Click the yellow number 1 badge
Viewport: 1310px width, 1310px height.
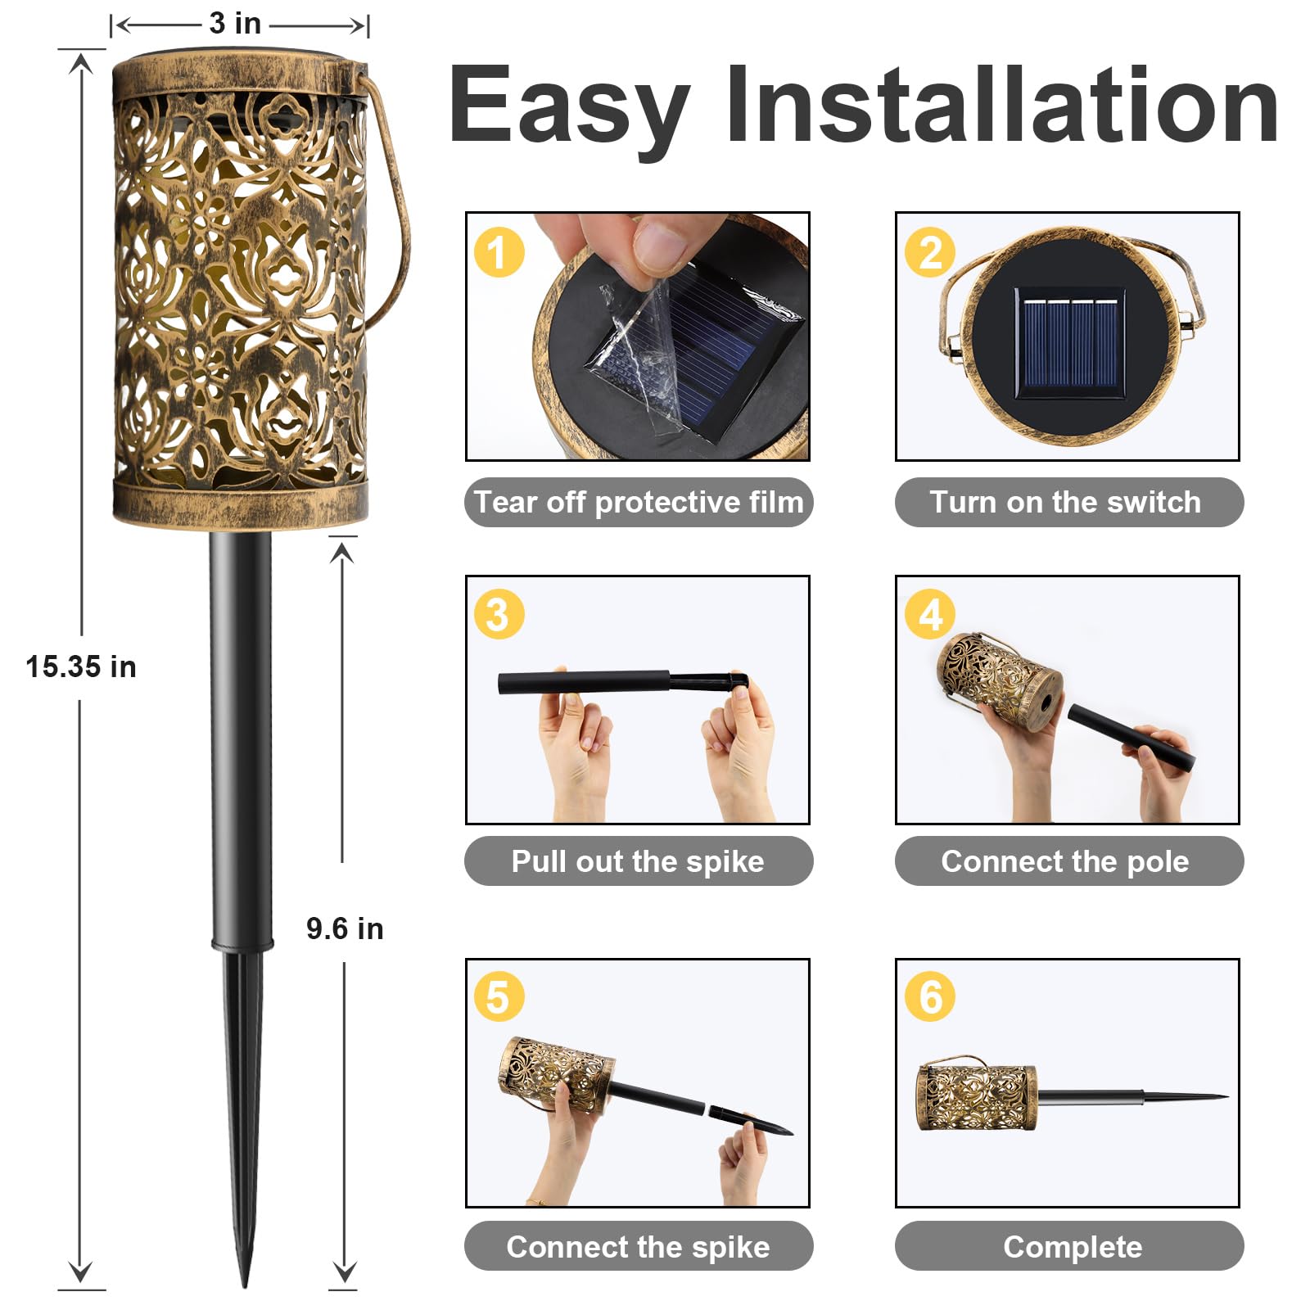[499, 252]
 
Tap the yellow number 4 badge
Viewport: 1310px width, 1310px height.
[929, 614]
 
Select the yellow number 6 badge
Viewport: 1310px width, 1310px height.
[929, 996]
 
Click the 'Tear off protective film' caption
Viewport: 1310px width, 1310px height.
[639, 502]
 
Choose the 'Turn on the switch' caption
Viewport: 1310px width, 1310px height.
[1068, 502]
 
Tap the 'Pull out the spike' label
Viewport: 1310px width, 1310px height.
[639, 861]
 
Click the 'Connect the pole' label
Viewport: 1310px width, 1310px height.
[1068, 861]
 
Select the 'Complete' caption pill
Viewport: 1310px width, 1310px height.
[1068, 1246]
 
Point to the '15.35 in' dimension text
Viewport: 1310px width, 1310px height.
[80, 666]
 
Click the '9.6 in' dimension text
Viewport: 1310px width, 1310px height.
[345, 928]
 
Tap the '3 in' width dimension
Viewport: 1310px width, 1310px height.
[235, 23]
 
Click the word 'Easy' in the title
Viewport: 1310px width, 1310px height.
[569, 106]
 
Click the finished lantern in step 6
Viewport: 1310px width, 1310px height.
[976, 1097]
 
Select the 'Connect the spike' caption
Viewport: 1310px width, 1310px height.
[639, 1246]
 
